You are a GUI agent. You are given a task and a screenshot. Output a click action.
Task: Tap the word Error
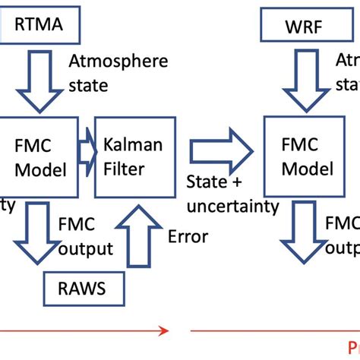pyautogui.click(x=188, y=237)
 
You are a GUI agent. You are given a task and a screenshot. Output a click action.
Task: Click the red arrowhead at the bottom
pyautogui.click(x=162, y=330)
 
